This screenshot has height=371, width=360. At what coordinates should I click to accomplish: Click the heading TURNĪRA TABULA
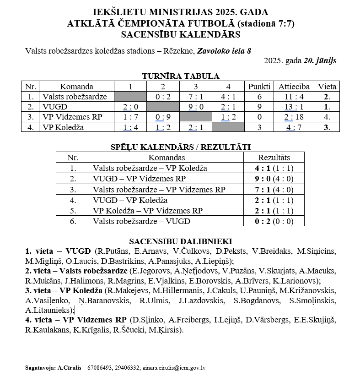180,76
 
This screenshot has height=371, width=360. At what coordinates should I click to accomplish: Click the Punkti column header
259,86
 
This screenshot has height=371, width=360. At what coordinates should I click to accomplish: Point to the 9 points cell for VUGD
259,107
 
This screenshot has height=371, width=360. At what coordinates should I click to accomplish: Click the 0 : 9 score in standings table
163,117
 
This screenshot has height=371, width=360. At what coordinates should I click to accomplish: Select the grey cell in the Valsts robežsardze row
130,97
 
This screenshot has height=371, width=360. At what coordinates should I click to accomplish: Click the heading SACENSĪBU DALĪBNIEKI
180,241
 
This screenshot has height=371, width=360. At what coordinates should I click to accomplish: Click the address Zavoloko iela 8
224,51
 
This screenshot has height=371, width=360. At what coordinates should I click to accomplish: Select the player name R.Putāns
111,251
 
